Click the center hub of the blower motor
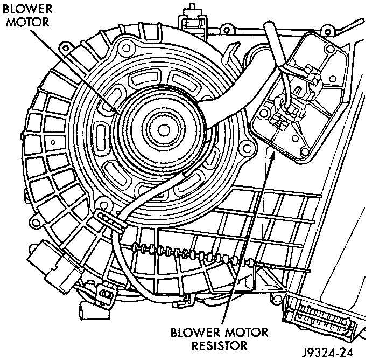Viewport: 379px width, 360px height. coord(161,129)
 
